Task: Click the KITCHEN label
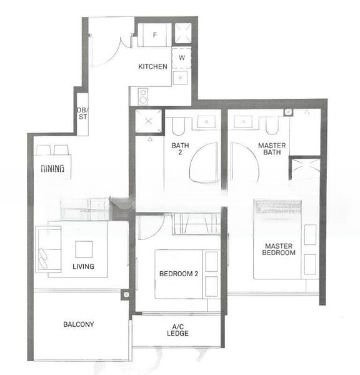click(152, 66)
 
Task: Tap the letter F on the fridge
click(155, 35)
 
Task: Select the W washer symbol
click(181, 57)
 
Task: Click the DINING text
click(52, 169)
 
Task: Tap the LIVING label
click(83, 266)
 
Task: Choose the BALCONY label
click(79, 324)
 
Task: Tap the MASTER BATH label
click(272, 149)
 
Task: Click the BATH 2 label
click(180, 149)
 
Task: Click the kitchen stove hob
click(142, 96)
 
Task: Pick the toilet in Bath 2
click(177, 127)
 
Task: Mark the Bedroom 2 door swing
click(149, 227)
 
